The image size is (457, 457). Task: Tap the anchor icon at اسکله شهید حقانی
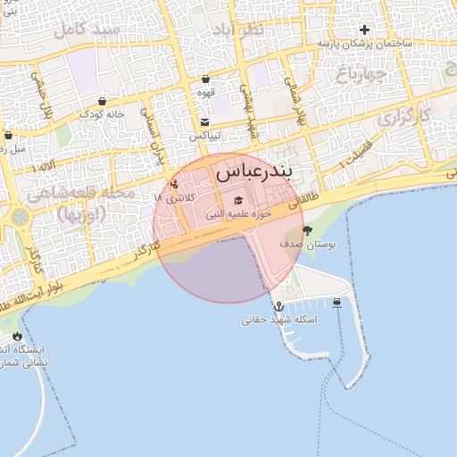(279, 307)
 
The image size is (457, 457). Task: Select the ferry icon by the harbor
(337, 302)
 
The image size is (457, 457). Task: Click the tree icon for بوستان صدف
(308, 230)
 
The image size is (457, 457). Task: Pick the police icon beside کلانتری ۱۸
(173, 185)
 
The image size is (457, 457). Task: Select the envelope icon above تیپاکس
(205, 122)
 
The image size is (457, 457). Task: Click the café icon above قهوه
(205, 79)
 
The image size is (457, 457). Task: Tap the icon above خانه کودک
(102, 101)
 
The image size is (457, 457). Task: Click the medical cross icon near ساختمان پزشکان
(364, 29)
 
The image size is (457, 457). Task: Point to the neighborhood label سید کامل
(87, 29)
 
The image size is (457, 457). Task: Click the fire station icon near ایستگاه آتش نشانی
(17, 336)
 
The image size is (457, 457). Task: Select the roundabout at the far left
(20, 216)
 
